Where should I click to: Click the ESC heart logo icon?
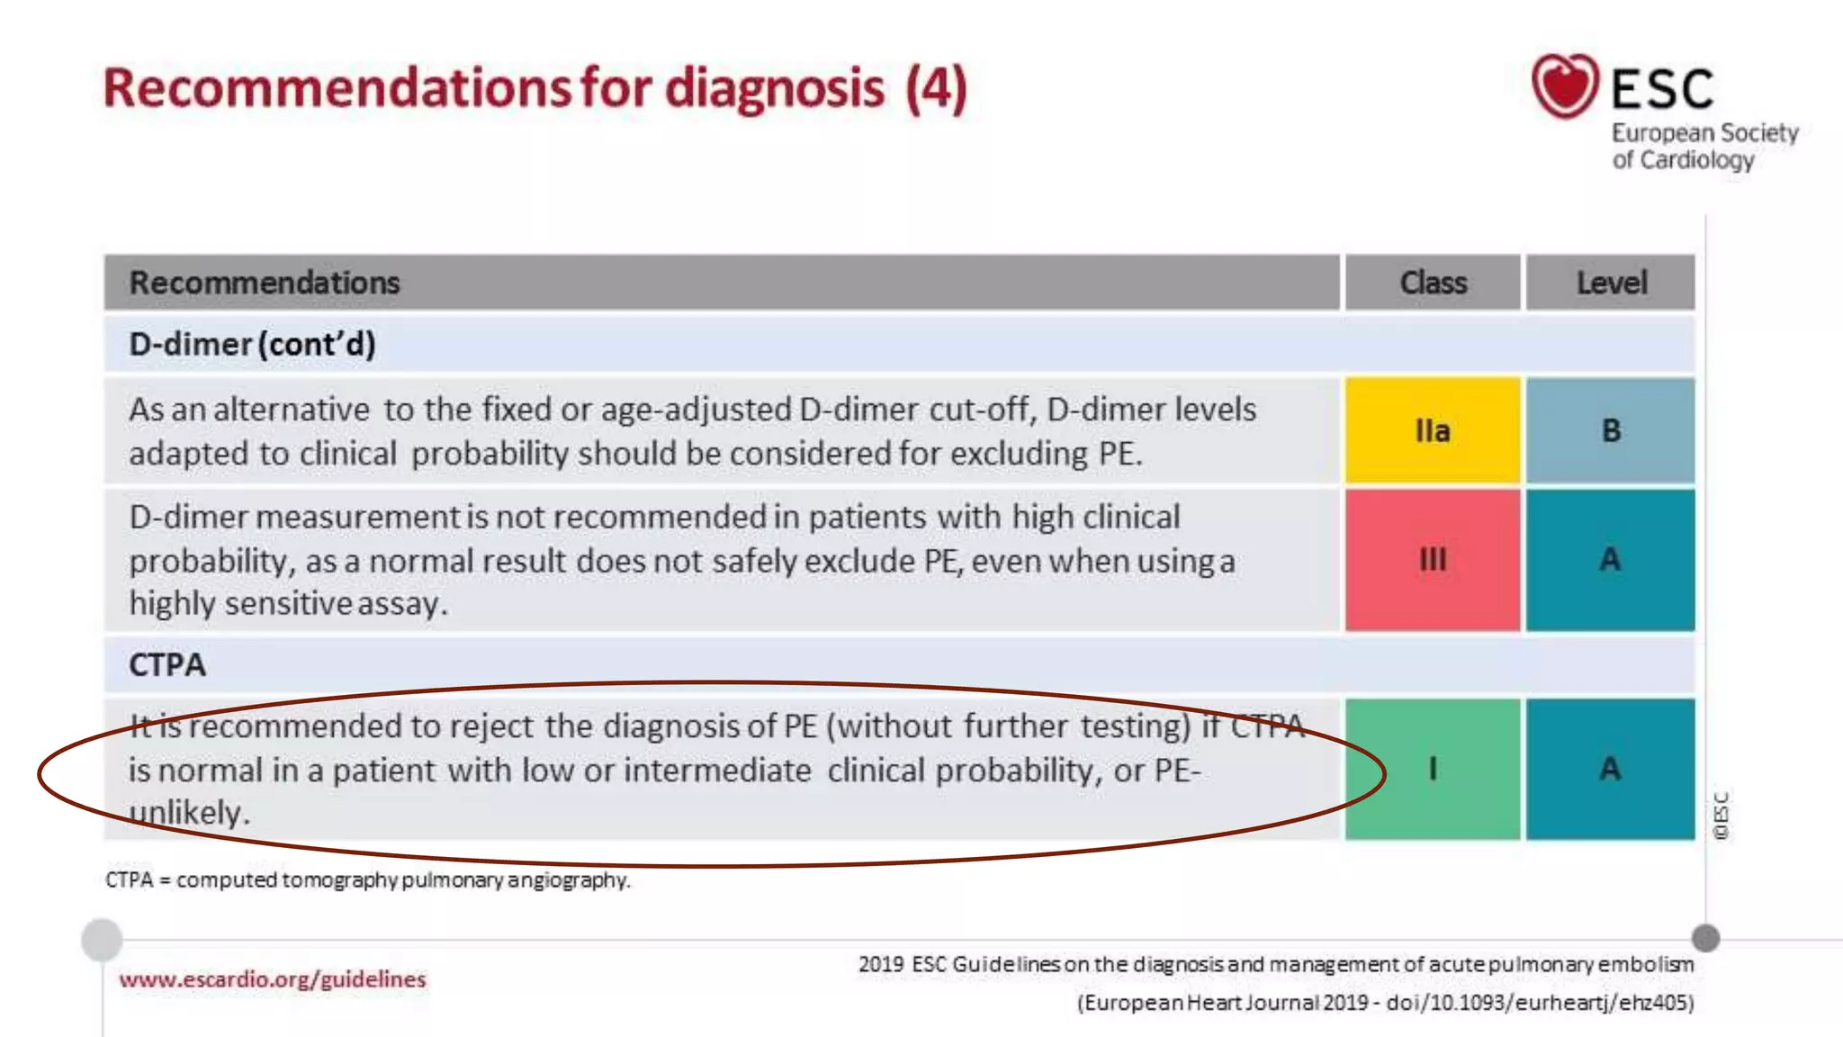click(1565, 86)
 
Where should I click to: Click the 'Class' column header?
click(1433, 283)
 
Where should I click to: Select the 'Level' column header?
click(1611, 283)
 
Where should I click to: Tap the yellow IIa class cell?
click(1433, 431)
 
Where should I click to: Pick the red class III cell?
click(1433, 560)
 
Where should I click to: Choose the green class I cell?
click(1433, 769)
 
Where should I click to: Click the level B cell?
click(1611, 431)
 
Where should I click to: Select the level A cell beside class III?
click(1611, 560)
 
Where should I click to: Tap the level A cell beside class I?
click(1611, 769)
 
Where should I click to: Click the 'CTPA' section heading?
click(167, 665)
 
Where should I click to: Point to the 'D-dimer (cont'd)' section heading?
click(252, 345)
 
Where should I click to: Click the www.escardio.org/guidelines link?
click(273, 979)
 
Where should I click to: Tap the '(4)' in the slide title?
click(936, 88)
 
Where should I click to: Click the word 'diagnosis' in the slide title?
click(774, 88)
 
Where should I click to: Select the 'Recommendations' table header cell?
click(265, 283)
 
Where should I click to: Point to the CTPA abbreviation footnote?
click(367, 879)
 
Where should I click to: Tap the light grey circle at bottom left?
click(102, 940)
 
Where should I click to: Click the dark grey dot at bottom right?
click(1705, 938)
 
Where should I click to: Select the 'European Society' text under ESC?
click(1704, 133)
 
